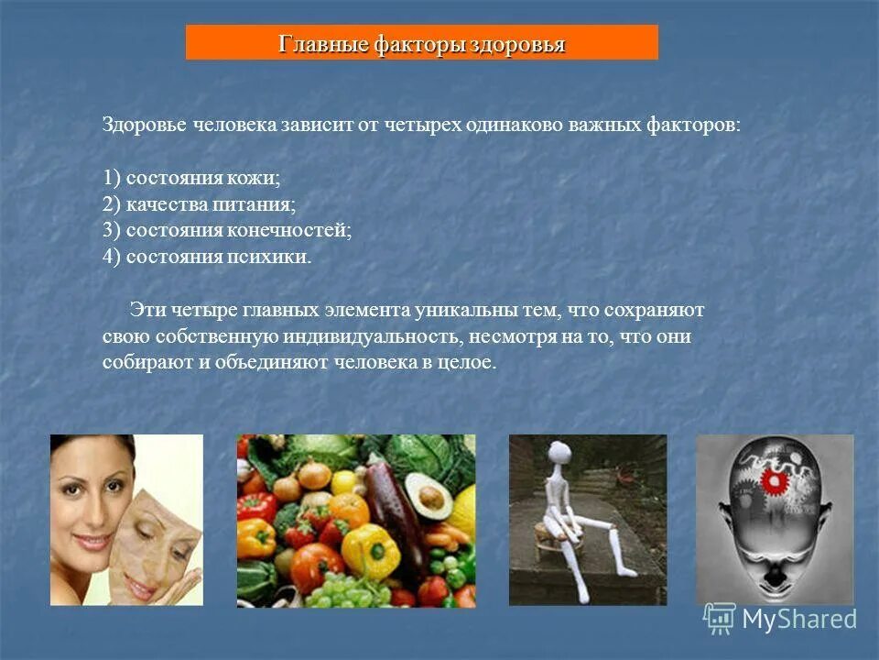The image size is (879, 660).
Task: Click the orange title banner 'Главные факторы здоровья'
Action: click(421, 43)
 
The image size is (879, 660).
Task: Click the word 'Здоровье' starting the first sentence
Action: click(143, 126)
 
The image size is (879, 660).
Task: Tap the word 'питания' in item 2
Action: click(263, 203)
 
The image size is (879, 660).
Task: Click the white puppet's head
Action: click(560, 452)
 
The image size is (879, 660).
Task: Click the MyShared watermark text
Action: click(798, 620)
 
